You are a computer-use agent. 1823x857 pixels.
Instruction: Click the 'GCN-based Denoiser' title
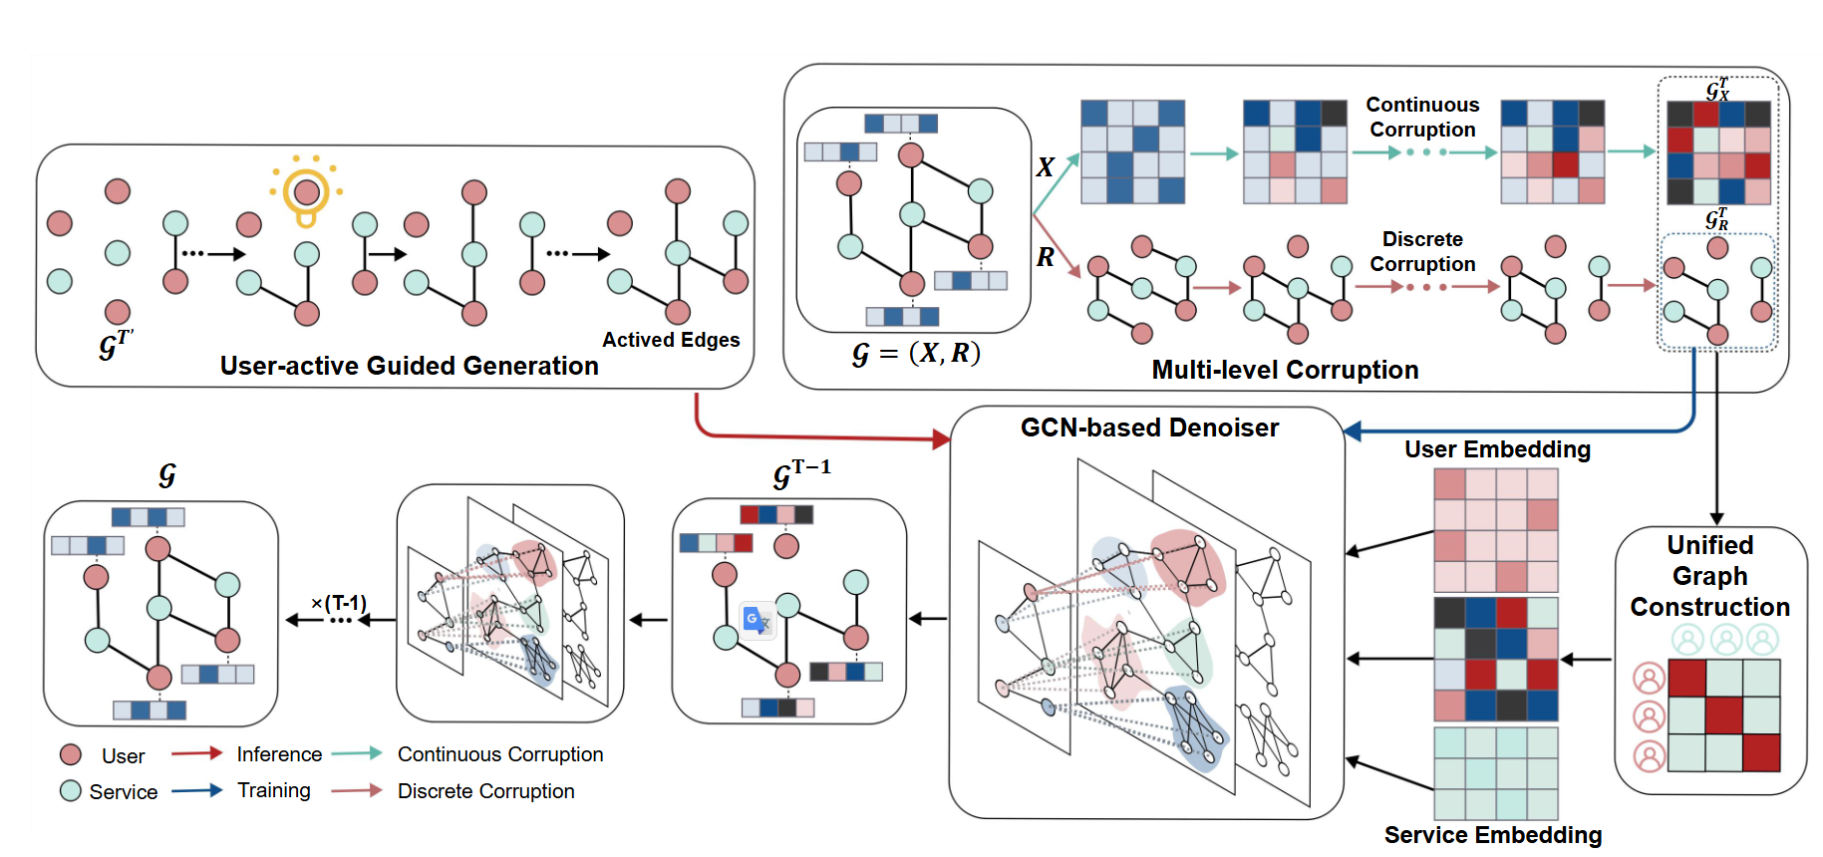pyautogui.click(x=1149, y=428)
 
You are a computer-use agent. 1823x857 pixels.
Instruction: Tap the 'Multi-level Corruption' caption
pyautogui.click(x=1285, y=370)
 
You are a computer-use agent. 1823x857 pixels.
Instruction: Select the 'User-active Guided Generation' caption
pyautogui.click(x=409, y=366)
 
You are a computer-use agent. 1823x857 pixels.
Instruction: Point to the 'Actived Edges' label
pyautogui.click(x=671, y=340)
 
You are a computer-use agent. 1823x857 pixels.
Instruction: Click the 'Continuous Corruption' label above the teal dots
pyautogui.click(x=1422, y=117)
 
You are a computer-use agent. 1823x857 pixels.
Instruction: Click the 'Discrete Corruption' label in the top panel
pyautogui.click(x=1422, y=251)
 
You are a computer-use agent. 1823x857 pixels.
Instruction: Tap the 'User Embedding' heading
pyautogui.click(x=1497, y=449)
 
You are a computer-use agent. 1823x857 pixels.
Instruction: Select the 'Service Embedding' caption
pyautogui.click(x=1493, y=835)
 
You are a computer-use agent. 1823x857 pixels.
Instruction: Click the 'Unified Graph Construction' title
pyautogui.click(x=1710, y=576)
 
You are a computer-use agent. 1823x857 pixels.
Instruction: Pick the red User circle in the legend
pyautogui.click(x=71, y=754)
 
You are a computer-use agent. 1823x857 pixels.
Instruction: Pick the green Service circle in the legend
pyautogui.click(x=71, y=791)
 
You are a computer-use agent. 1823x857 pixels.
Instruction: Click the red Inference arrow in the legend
pyautogui.click(x=196, y=753)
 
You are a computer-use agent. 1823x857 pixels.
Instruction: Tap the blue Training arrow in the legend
pyautogui.click(x=196, y=790)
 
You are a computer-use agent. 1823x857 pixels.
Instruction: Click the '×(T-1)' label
pyautogui.click(x=339, y=603)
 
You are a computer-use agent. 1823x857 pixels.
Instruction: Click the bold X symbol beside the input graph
pyautogui.click(x=1045, y=166)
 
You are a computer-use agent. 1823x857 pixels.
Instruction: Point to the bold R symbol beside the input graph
pyautogui.click(x=1045, y=257)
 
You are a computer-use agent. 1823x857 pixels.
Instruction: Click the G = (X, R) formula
pyautogui.click(x=916, y=354)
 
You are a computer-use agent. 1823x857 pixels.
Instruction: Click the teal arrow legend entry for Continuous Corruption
pyautogui.click(x=357, y=753)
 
